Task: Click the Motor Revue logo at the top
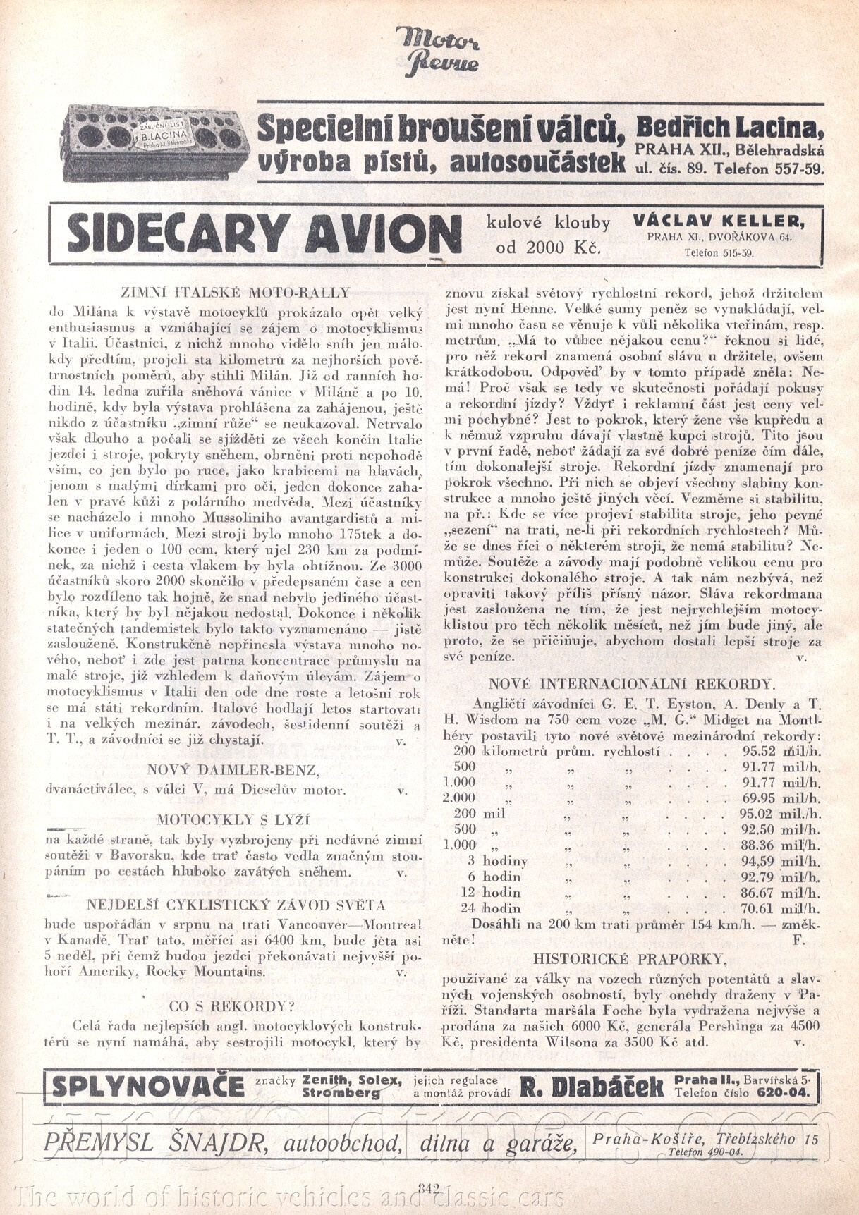pos(438,50)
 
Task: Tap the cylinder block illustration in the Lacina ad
pos(154,142)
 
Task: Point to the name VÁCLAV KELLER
pos(718,220)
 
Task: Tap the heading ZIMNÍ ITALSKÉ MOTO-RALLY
pos(236,292)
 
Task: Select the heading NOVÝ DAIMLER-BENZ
pos(232,770)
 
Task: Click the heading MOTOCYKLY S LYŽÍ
pos(233,819)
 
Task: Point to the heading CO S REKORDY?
pos(232,1006)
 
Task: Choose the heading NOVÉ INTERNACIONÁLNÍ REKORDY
pos(632,683)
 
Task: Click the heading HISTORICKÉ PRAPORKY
pos(630,958)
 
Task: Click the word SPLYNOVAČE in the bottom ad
pos(148,1087)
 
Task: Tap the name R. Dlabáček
pos(592,1087)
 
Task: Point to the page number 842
pos(429,1187)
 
